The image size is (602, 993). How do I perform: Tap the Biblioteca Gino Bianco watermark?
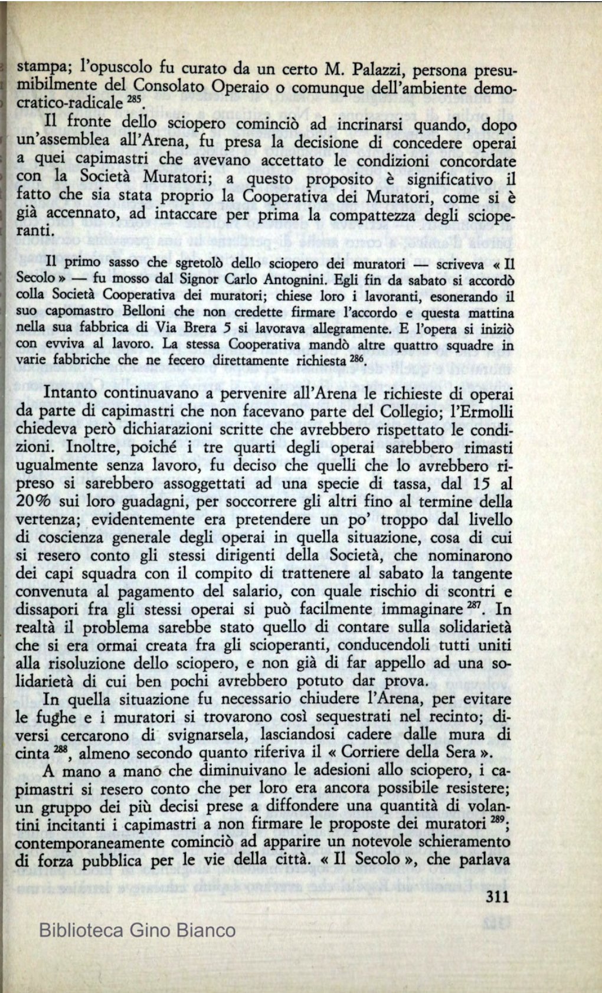coord(137,930)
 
